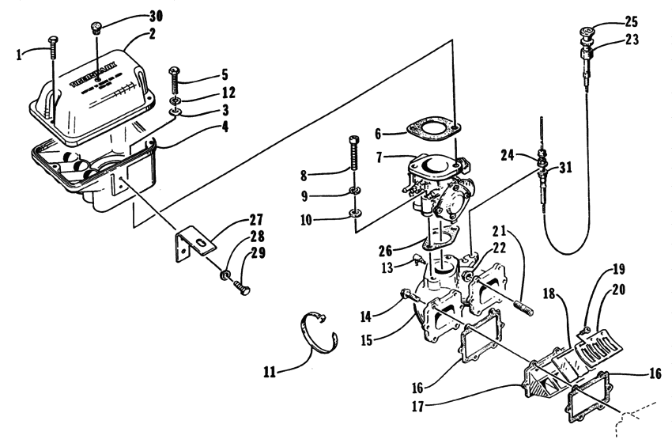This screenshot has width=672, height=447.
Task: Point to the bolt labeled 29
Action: click(x=237, y=285)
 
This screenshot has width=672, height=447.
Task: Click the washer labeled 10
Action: click(x=356, y=212)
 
